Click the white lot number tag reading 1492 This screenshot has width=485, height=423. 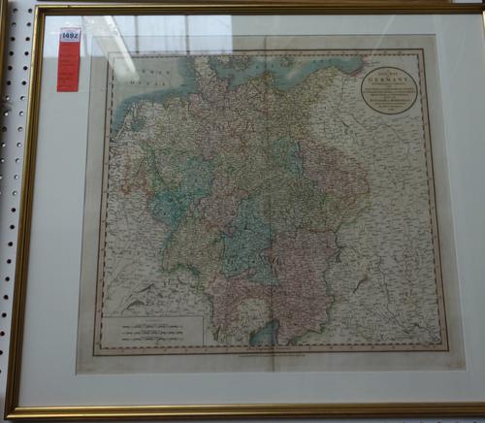(69, 35)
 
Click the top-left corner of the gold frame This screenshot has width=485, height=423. (38, 8)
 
